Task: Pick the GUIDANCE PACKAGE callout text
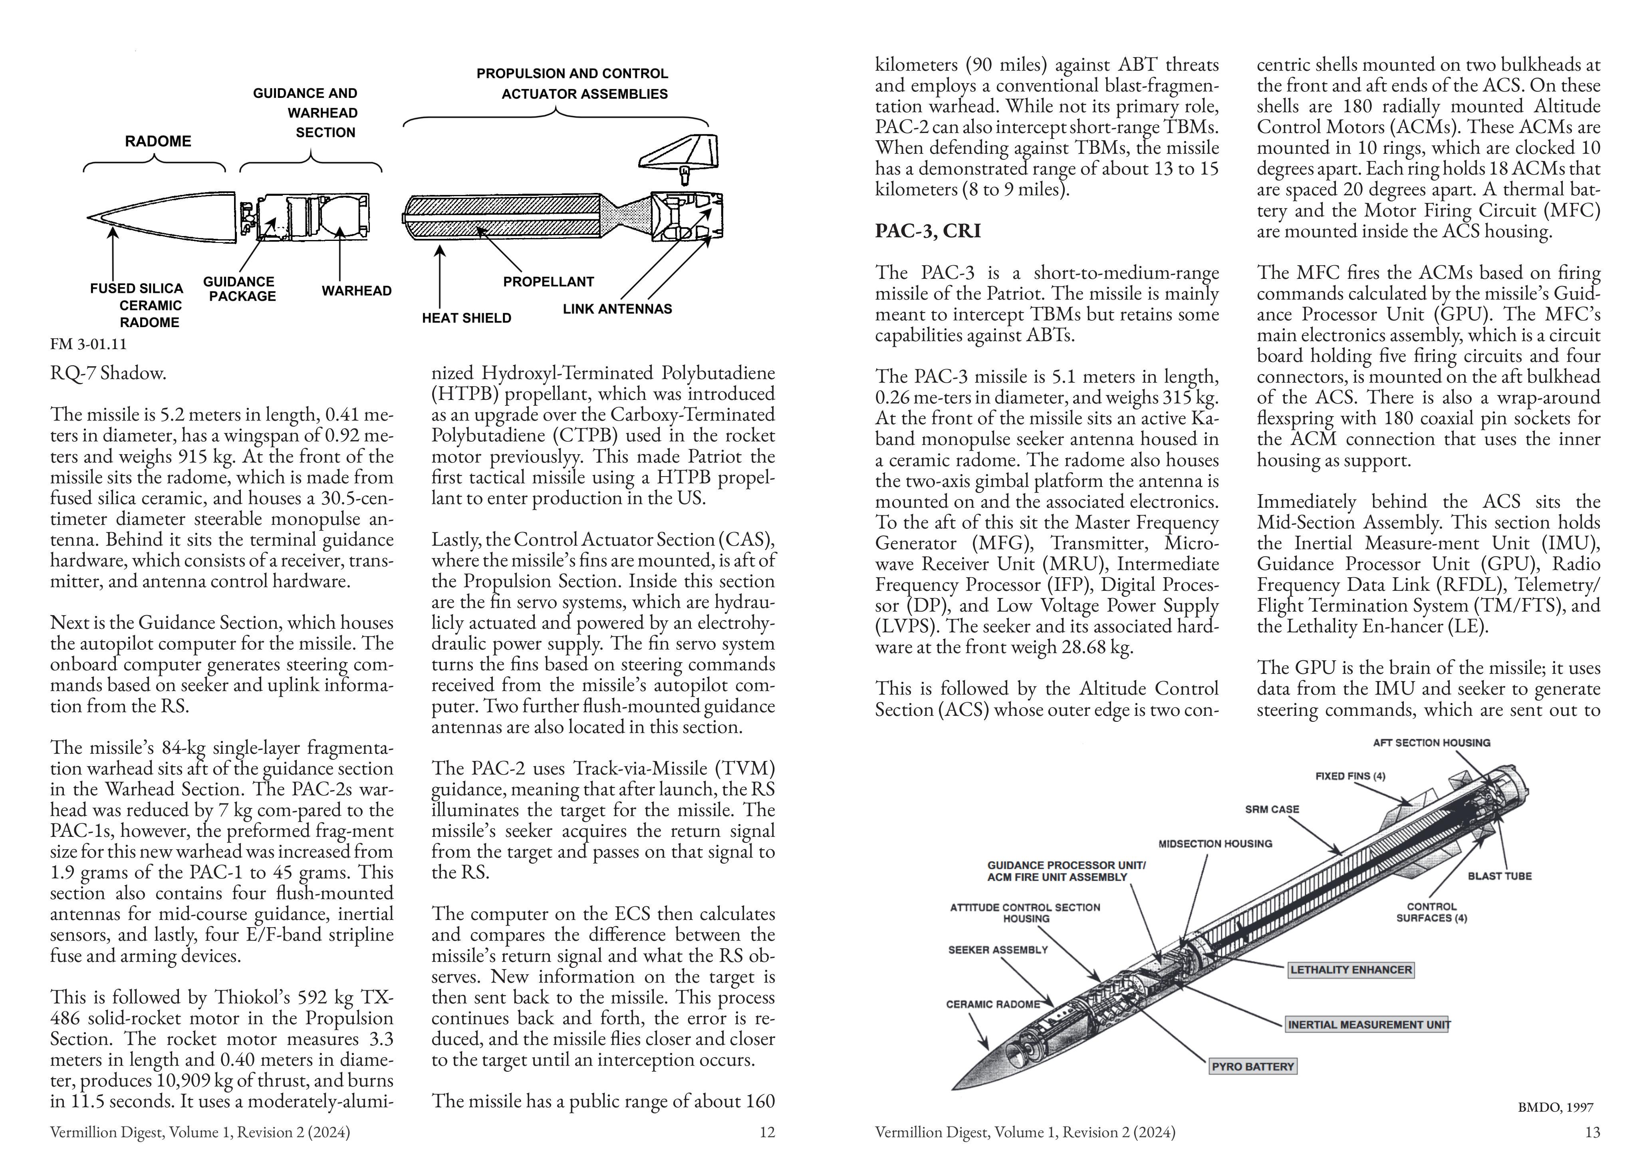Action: (x=240, y=289)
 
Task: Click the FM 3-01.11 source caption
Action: (x=88, y=344)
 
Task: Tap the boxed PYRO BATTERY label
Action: (x=1253, y=1067)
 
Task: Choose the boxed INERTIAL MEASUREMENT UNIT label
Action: (x=1368, y=1024)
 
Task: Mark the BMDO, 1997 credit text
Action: (x=1556, y=1108)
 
